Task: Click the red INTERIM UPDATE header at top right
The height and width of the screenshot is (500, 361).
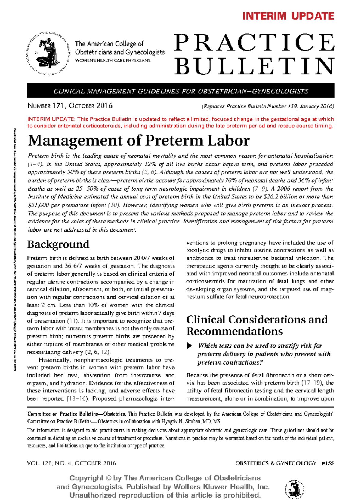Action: (288, 16)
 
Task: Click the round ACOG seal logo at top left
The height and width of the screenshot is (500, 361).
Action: (48, 53)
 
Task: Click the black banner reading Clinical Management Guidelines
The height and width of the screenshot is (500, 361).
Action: (180, 91)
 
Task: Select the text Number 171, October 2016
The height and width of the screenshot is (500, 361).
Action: (70, 106)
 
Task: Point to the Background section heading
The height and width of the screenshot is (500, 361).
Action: (58, 244)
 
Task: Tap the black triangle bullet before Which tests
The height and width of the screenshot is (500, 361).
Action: (189, 346)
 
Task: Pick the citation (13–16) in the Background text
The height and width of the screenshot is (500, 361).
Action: (77, 398)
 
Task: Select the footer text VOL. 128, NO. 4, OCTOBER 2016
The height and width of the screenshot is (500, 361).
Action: (71, 463)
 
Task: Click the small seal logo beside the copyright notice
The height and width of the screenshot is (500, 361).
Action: (295, 489)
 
